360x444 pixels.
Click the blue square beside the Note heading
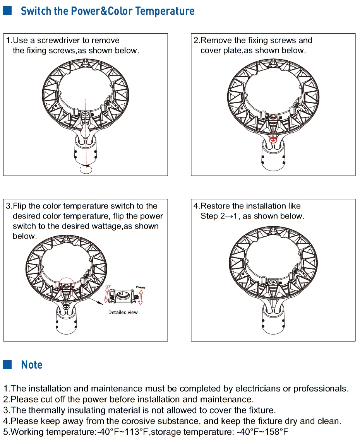point(8,364)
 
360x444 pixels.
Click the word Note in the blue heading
point(32,365)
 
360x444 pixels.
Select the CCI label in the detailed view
point(108,287)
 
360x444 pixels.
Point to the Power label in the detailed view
point(141,287)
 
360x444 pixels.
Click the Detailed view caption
point(123,312)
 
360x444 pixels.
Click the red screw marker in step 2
point(273,140)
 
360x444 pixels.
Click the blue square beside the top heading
point(8,10)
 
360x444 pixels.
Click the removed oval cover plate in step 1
point(85,169)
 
